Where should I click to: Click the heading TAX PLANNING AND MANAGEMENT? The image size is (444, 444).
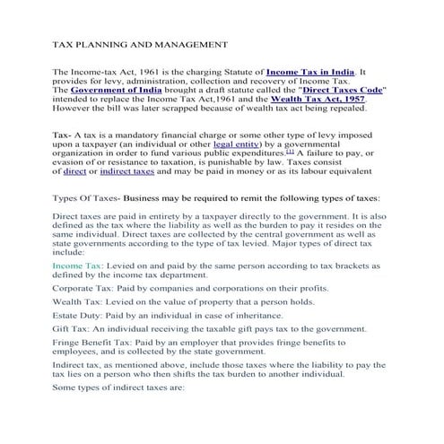(x=129, y=42)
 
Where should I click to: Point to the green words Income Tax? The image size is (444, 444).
(x=78, y=266)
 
